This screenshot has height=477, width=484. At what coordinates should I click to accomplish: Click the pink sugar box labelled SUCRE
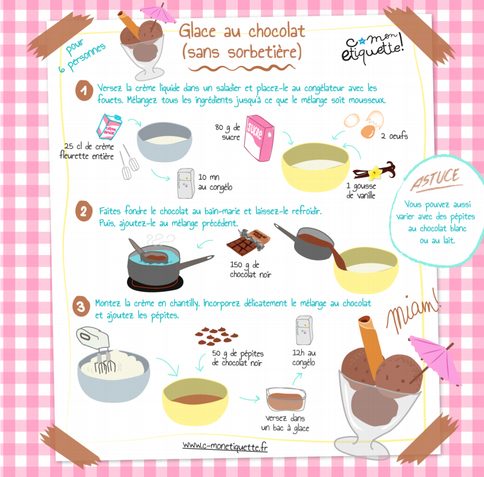(x=259, y=138)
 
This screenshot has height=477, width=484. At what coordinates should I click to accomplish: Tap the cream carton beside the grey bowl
(x=109, y=126)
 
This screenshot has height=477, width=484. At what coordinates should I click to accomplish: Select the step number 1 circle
(x=84, y=91)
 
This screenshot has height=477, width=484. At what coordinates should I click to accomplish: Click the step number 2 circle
(x=83, y=211)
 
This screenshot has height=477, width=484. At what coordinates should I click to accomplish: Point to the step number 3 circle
(x=81, y=307)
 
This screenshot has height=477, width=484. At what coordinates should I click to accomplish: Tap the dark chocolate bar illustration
(x=249, y=242)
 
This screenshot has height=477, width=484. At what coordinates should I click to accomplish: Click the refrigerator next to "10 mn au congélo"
(x=186, y=183)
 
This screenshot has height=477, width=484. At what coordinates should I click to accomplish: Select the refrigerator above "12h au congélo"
(x=304, y=330)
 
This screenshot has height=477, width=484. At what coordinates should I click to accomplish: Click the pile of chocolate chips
(x=217, y=336)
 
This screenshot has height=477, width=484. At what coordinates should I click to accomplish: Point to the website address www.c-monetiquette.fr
(x=225, y=446)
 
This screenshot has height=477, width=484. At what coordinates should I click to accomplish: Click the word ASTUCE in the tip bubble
(x=436, y=180)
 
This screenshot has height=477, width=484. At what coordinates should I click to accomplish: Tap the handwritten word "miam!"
(x=413, y=311)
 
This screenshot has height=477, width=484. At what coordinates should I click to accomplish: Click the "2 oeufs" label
(x=394, y=136)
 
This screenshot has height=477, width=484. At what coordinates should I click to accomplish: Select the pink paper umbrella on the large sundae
(x=434, y=360)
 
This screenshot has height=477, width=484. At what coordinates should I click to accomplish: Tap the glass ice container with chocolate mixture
(x=286, y=399)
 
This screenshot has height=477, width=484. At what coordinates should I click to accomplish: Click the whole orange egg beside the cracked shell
(x=368, y=131)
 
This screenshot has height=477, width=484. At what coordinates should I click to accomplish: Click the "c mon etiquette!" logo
(x=373, y=48)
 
